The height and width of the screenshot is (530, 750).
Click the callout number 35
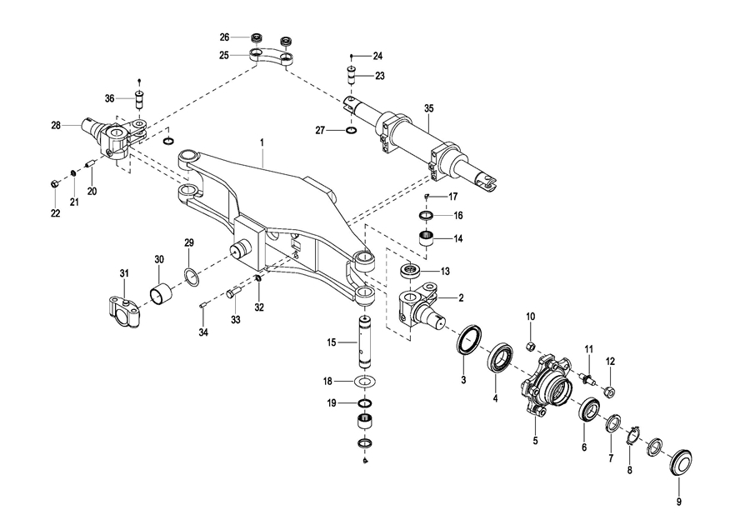pyautogui.click(x=428, y=108)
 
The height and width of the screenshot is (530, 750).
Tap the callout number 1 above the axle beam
pyautogui.click(x=262, y=142)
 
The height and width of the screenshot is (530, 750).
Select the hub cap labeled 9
pyautogui.click(x=680, y=462)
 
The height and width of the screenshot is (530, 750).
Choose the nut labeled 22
pyautogui.click(x=54, y=182)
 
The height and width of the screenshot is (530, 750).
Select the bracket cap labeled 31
pyautogui.click(x=123, y=312)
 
